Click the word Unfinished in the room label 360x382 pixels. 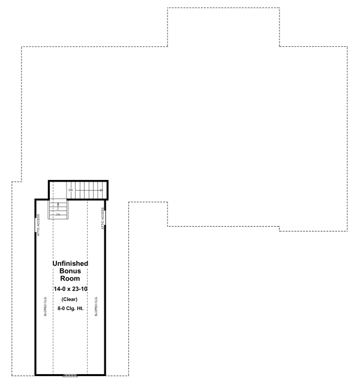coord(70,263)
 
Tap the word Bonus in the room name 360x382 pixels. coord(70,271)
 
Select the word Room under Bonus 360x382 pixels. coord(70,279)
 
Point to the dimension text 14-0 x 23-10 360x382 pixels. coord(70,289)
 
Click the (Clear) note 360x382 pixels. coord(70,299)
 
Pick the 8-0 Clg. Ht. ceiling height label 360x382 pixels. coord(70,308)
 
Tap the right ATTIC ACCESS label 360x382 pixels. coord(103,219)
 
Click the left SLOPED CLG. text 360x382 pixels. coord(45,306)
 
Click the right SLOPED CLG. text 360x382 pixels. coord(96,306)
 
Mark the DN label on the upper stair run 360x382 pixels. coord(70,190)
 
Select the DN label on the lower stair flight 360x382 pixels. coord(58,214)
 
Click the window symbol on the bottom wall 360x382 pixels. coord(70,375)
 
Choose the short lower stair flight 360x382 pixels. coord(58,210)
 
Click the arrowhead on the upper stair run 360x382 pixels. coord(102,190)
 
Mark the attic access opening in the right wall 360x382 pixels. coord(106,219)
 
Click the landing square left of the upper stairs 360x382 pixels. coord(58,190)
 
